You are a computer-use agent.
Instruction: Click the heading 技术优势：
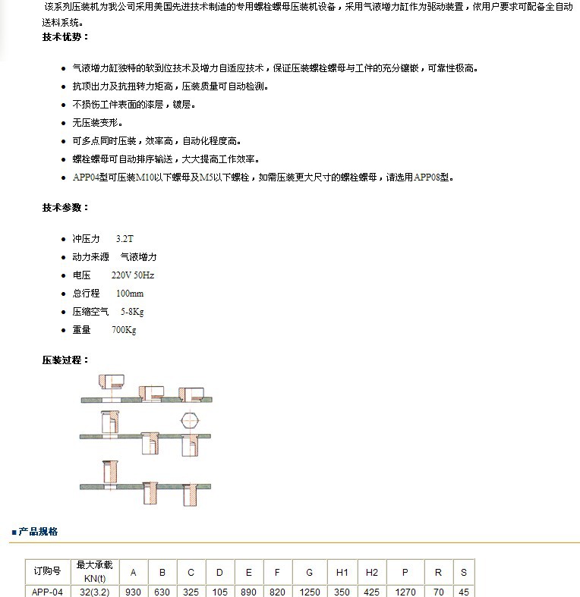[x=65, y=36]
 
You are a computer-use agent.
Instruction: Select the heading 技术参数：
[x=65, y=207]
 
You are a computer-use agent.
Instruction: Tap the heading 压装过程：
[x=65, y=360]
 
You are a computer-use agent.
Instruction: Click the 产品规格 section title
[x=38, y=532]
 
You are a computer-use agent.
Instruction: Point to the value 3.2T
[x=125, y=238]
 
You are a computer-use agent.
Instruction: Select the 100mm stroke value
[x=130, y=293]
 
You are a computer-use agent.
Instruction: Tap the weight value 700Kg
[x=124, y=329]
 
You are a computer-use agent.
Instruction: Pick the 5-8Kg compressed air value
[x=132, y=311]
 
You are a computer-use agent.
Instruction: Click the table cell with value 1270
[x=406, y=591]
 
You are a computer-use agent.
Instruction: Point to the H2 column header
[x=371, y=571]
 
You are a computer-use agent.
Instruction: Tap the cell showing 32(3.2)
[x=95, y=591]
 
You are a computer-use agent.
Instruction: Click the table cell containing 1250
[x=310, y=591]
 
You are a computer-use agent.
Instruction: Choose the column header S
[x=463, y=571]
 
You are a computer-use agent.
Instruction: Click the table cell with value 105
[x=219, y=591]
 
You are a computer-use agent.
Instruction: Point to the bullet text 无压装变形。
[x=96, y=122]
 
